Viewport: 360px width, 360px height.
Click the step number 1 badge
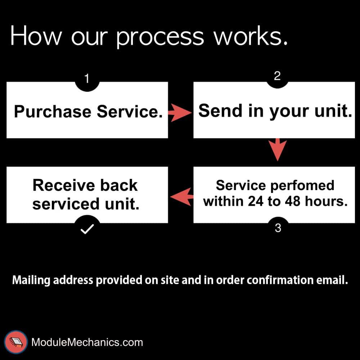87,79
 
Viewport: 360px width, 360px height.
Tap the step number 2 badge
277,77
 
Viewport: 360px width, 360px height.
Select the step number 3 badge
278,228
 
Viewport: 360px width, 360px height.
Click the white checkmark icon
87,229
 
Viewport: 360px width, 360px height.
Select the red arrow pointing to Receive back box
181,196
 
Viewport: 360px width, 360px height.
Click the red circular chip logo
15,342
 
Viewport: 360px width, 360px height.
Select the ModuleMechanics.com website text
87,342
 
